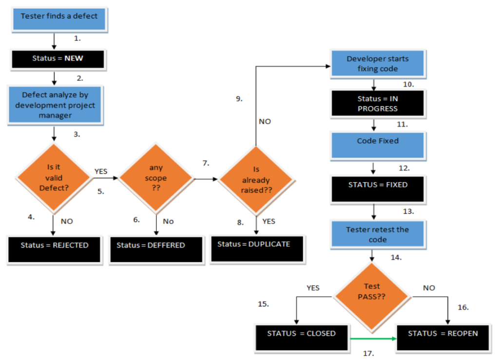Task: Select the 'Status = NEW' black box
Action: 58,58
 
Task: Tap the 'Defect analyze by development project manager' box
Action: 55,104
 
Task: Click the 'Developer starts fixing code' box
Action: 378,64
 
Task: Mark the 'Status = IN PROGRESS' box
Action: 378,103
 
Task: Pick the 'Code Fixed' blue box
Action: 378,145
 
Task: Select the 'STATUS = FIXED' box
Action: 378,188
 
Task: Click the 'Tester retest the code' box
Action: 378,234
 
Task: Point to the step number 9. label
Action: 239,99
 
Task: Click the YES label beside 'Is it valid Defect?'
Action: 100,171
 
